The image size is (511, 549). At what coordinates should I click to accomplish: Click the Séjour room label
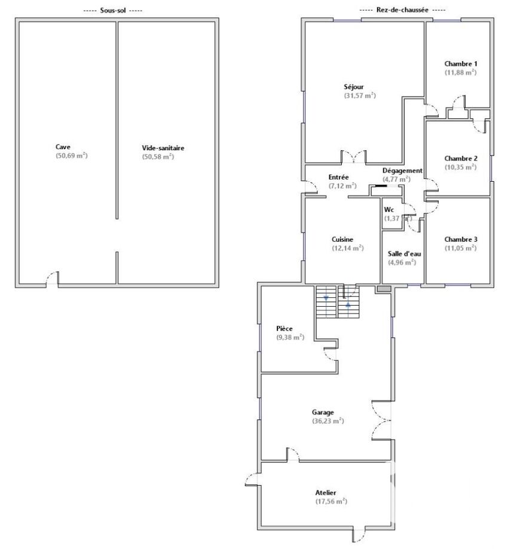(353, 87)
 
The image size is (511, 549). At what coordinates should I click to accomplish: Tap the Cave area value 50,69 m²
(71, 156)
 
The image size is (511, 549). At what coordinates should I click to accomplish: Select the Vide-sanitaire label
(163, 148)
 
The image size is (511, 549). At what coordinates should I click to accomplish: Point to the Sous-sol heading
(113, 10)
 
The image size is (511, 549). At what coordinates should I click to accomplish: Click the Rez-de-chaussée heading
(402, 10)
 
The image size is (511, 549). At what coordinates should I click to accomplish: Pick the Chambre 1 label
(461, 64)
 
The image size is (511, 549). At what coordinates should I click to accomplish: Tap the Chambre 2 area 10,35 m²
(461, 167)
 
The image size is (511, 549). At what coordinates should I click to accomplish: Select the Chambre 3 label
(461, 239)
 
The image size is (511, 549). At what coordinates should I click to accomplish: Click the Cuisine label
(342, 239)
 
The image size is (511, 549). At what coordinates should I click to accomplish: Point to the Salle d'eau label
(404, 254)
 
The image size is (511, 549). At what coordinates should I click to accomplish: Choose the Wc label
(389, 210)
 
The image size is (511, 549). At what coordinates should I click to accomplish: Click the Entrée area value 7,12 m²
(342, 186)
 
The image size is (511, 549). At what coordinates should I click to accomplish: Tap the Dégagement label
(402, 171)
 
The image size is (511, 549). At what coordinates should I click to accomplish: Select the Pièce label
(284, 328)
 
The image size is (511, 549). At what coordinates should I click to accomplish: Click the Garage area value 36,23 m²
(328, 421)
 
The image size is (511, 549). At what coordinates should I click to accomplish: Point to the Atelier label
(326, 493)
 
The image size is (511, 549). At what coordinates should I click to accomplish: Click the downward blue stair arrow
(326, 298)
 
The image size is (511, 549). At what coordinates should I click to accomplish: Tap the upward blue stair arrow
(348, 304)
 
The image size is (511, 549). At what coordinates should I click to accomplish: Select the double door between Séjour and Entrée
(354, 156)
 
